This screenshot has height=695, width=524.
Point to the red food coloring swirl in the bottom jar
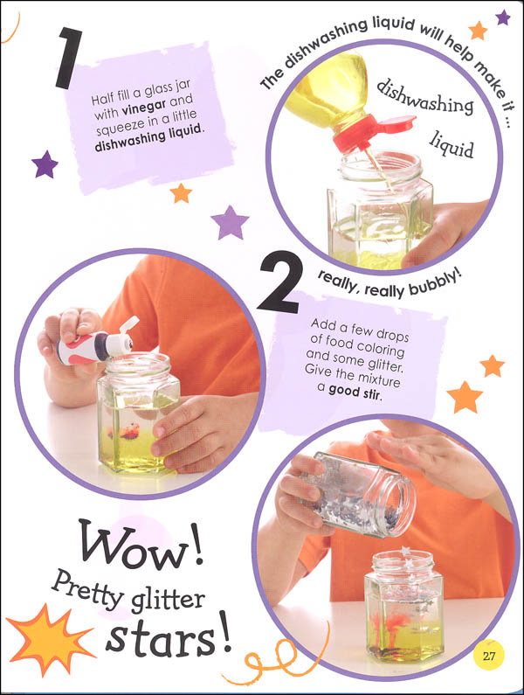[x=393, y=626]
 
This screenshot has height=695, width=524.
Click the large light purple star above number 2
[x=230, y=221]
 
